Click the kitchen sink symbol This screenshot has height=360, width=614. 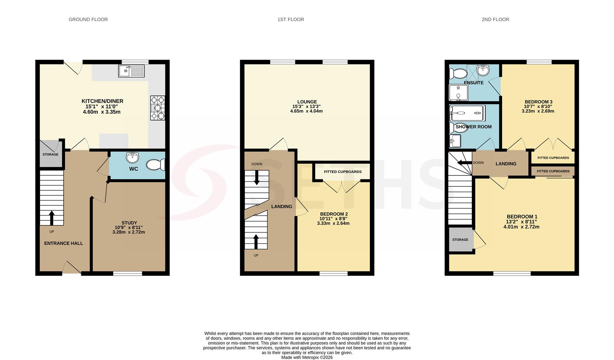132,71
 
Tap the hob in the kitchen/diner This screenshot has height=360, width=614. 158,108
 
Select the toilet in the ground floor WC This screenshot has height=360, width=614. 156,165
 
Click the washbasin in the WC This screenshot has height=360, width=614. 133,157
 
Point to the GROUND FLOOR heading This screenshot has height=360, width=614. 88,20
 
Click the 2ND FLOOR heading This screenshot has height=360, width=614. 495,20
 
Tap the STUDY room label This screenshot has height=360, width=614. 129,223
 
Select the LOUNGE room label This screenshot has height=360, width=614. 307,102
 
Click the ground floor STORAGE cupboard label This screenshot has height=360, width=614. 50,155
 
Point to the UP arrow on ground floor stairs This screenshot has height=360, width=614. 52,218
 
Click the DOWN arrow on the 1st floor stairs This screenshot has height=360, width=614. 257,178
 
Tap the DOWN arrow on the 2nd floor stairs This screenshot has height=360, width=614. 465,163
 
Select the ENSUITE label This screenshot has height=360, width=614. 474,83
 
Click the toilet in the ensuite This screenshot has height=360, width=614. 458,73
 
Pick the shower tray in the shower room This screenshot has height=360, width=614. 467,113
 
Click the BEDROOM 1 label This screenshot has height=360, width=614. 522,217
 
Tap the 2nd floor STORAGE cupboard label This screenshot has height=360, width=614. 460,240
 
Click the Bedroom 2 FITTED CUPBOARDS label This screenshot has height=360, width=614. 343,172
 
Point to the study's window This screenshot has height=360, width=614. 128,274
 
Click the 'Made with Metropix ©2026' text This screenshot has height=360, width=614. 307,357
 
